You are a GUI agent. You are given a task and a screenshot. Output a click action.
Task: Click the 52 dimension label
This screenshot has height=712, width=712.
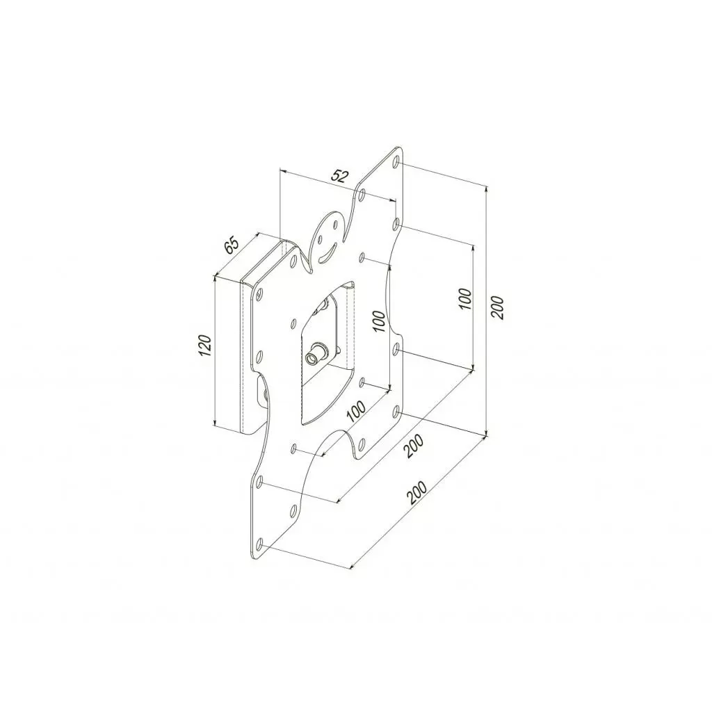pos(339,176)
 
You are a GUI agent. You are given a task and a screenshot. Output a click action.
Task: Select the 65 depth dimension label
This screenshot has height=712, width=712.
pos(232,245)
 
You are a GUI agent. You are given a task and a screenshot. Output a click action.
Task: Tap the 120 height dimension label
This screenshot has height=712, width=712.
pos(204,346)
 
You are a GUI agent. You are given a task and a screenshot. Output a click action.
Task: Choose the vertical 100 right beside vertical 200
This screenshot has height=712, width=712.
pos(465,299)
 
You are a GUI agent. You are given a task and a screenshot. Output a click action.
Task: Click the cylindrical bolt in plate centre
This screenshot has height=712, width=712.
pos(316,355)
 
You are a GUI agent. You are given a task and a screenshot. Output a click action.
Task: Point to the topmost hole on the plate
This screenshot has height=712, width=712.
pos(396,163)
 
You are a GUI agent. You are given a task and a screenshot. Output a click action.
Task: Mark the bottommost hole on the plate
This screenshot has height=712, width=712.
pos(259,543)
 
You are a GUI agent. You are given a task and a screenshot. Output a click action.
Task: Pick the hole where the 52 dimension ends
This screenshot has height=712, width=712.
pos(395,224)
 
